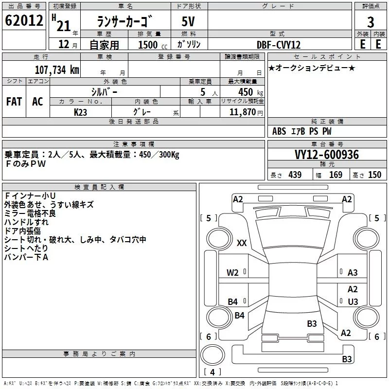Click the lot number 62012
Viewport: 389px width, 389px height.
(24, 20)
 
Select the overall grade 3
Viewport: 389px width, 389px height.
(371, 22)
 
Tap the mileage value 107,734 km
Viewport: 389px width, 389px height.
(57, 70)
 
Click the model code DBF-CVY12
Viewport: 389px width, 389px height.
(278, 45)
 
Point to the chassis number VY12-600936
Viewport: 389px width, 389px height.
(327, 155)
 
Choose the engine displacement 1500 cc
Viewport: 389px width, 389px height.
(153, 45)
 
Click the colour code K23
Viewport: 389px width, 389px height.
(80, 112)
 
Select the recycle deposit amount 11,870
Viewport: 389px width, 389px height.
(242, 112)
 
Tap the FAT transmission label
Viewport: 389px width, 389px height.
(14, 102)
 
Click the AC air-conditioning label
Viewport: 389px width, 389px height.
(37, 102)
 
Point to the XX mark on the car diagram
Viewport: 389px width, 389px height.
(242, 243)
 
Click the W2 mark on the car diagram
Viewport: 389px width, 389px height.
(232, 273)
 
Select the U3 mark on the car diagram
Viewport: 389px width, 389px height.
(353, 301)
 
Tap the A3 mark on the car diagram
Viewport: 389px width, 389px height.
(353, 273)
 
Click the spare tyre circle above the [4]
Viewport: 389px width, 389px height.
(212, 355)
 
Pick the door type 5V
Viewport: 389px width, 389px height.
(188, 21)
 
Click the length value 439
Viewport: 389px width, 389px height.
(295, 175)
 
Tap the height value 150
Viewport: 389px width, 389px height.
(374, 175)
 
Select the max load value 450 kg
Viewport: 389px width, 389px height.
(250, 92)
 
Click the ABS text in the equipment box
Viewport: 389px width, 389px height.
(279, 131)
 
